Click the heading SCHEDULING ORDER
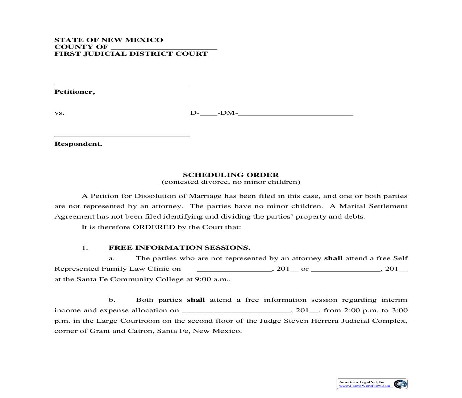click(x=231, y=175)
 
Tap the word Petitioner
click(x=74, y=92)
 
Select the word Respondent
click(x=78, y=144)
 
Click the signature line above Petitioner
click(x=122, y=84)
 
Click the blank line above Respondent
click(x=122, y=136)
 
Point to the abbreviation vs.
click(x=59, y=113)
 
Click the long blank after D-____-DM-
click(x=296, y=114)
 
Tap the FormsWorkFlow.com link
click(x=365, y=386)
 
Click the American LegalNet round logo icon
click(x=400, y=384)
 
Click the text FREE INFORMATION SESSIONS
click(x=179, y=248)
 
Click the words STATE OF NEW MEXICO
click(x=109, y=40)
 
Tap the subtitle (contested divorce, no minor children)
click(x=231, y=182)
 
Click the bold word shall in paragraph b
click(x=196, y=300)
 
